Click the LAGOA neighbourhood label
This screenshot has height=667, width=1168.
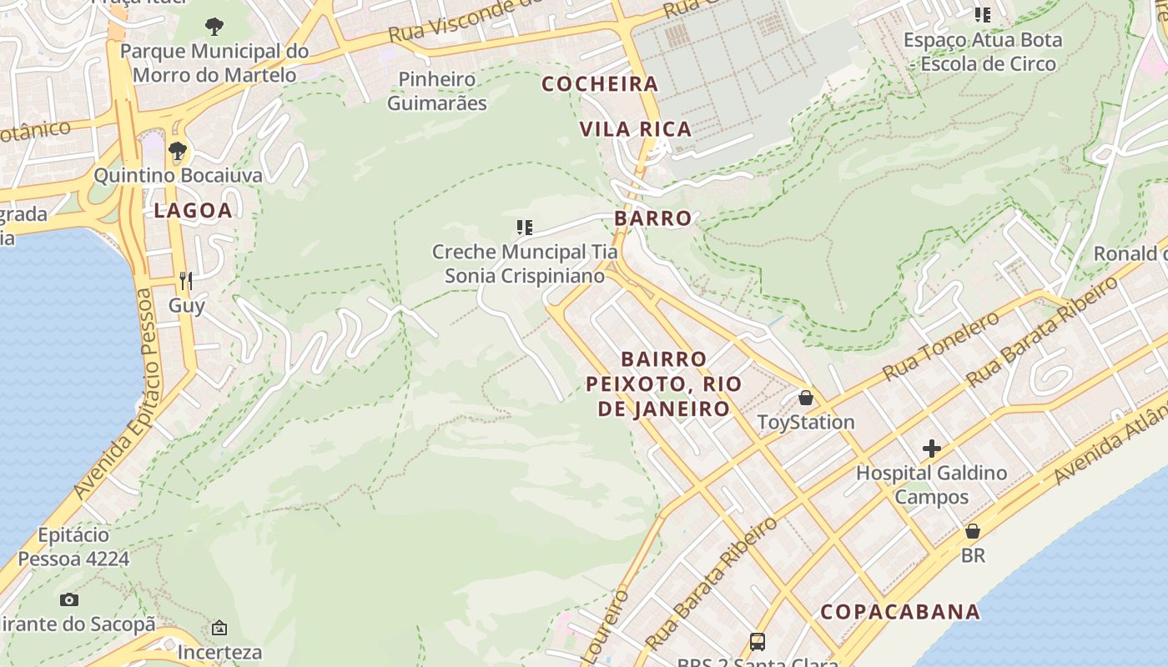click(x=193, y=211)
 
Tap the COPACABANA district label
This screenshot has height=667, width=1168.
click(x=900, y=611)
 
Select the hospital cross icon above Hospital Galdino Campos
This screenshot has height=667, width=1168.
click(x=932, y=449)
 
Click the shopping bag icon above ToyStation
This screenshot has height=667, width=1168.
click(x=805, y=398)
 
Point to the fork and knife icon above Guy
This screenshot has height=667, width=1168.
click(x=186, y=281)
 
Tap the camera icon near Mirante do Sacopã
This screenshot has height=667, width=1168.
click(x=69, y=599)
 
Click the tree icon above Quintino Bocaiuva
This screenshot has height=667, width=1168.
click(x=177, y=151)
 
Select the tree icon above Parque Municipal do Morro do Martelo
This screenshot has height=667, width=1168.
click(x=214, y=27)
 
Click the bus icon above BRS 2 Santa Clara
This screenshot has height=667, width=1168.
click(x=758, y=641)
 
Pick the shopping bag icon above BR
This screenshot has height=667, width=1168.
click(x=973, y=531)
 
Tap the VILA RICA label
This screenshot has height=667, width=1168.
click(x=636, y=129)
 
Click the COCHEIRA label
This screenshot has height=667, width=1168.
click(x=600, y=84)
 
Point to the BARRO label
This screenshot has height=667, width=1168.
click(x=653, y=218)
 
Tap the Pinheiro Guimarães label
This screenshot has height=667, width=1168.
click(x=437, y=92)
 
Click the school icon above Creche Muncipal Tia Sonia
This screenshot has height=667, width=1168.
click(x=525, y=227)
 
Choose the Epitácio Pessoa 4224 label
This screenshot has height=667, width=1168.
click(x=73, y=547)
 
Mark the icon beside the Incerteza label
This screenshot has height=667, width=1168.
click(x=219, y=628)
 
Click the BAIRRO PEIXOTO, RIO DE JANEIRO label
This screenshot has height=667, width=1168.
click(x=664, y=384)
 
